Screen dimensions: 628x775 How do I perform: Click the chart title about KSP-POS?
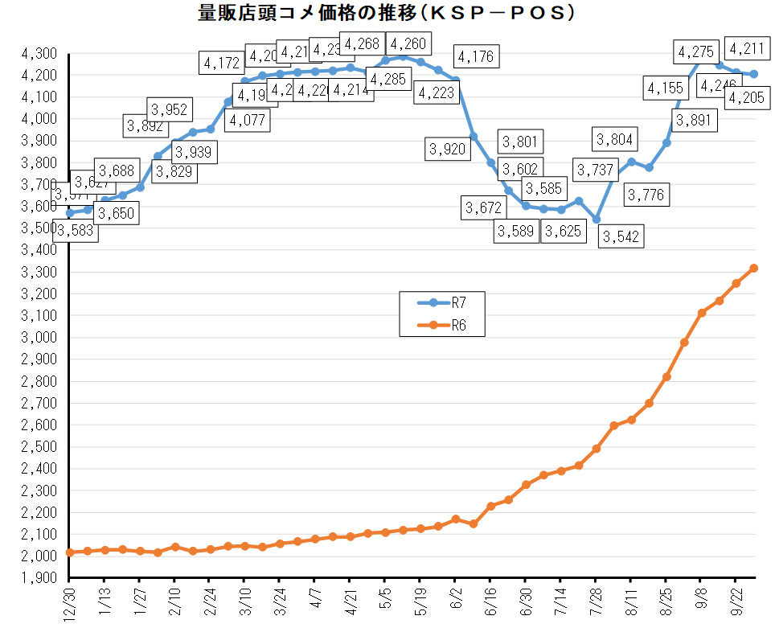coord(386,13)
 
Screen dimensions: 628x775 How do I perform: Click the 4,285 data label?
coord(388,80)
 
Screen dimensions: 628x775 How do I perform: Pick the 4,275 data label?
coord(697,52)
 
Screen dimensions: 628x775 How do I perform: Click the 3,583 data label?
coord(75,231)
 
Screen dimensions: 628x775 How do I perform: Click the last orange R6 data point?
coord(754,269)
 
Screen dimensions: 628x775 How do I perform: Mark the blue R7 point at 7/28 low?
coord(596,219)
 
